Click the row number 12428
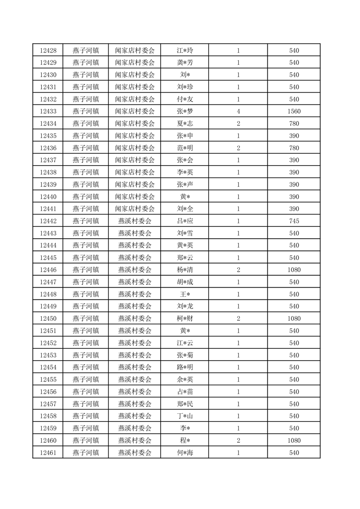tap(48, 50)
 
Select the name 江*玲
tap(185, 50)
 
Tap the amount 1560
tap(294, 111)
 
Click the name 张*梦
tap(185, 111)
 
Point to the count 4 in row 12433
tap(238, 111)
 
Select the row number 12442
tap(48, 221)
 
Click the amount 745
tap(294, 221)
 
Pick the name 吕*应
tap(185, 221)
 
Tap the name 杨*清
tap(185, 270)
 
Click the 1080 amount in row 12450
tap(294, 318)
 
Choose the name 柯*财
tap(185, 318)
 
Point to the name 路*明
tap(185, 367)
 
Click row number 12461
tap(48, 453)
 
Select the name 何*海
tap(185, 453)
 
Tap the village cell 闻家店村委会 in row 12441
tap(134, 209)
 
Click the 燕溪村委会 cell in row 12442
tap(134, 221)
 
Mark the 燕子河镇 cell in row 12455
tap(85, 380)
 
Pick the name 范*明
tap(185, 148)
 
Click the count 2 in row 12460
tap(238, 440)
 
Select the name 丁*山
tap(185, 416)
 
